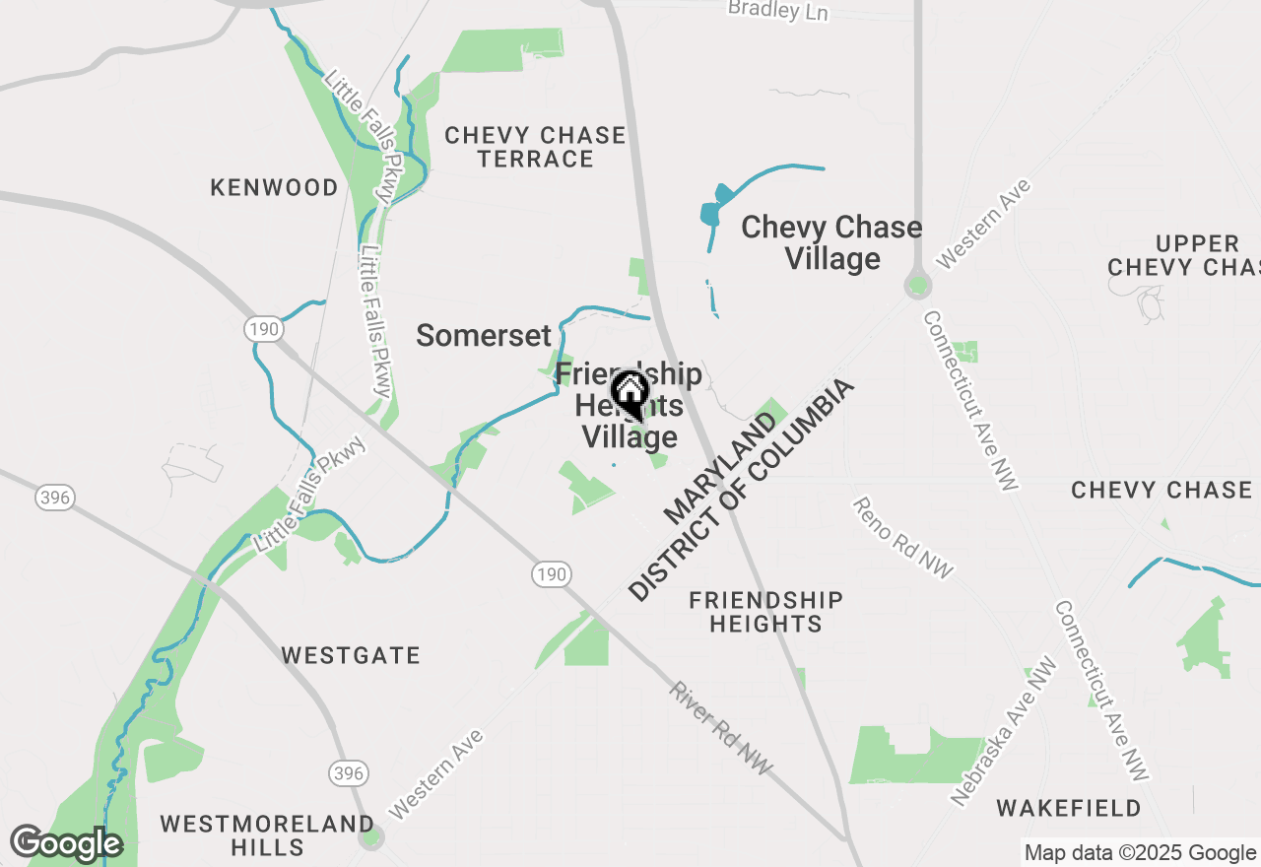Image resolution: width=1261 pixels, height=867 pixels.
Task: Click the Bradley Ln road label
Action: (778, 10)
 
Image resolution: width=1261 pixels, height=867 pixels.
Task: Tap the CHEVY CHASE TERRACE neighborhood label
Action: (535, 147)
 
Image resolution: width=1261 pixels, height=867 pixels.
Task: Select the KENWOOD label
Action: (274, 187)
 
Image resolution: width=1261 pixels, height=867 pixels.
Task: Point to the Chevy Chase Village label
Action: (831, 242)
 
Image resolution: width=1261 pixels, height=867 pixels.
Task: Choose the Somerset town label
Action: (483, 335)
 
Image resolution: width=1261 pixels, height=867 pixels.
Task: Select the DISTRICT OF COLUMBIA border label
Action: (741, 489)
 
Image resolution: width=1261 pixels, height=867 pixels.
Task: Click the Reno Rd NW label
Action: (902, 537)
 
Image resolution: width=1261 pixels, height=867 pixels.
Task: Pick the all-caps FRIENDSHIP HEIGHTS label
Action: (765, 612)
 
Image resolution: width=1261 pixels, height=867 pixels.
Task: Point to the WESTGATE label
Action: (351, 655)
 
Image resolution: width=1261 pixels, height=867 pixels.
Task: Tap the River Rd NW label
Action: (721, 727)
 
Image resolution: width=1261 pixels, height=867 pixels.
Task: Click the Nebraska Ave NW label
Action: (1004, 732)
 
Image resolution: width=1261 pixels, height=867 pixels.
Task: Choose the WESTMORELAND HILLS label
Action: (267, 834)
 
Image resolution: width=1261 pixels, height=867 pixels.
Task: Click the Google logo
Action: (66, 844)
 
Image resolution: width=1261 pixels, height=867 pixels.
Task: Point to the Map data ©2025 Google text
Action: (1140, 853)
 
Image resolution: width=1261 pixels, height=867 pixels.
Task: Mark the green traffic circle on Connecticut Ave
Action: (918, 286)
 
